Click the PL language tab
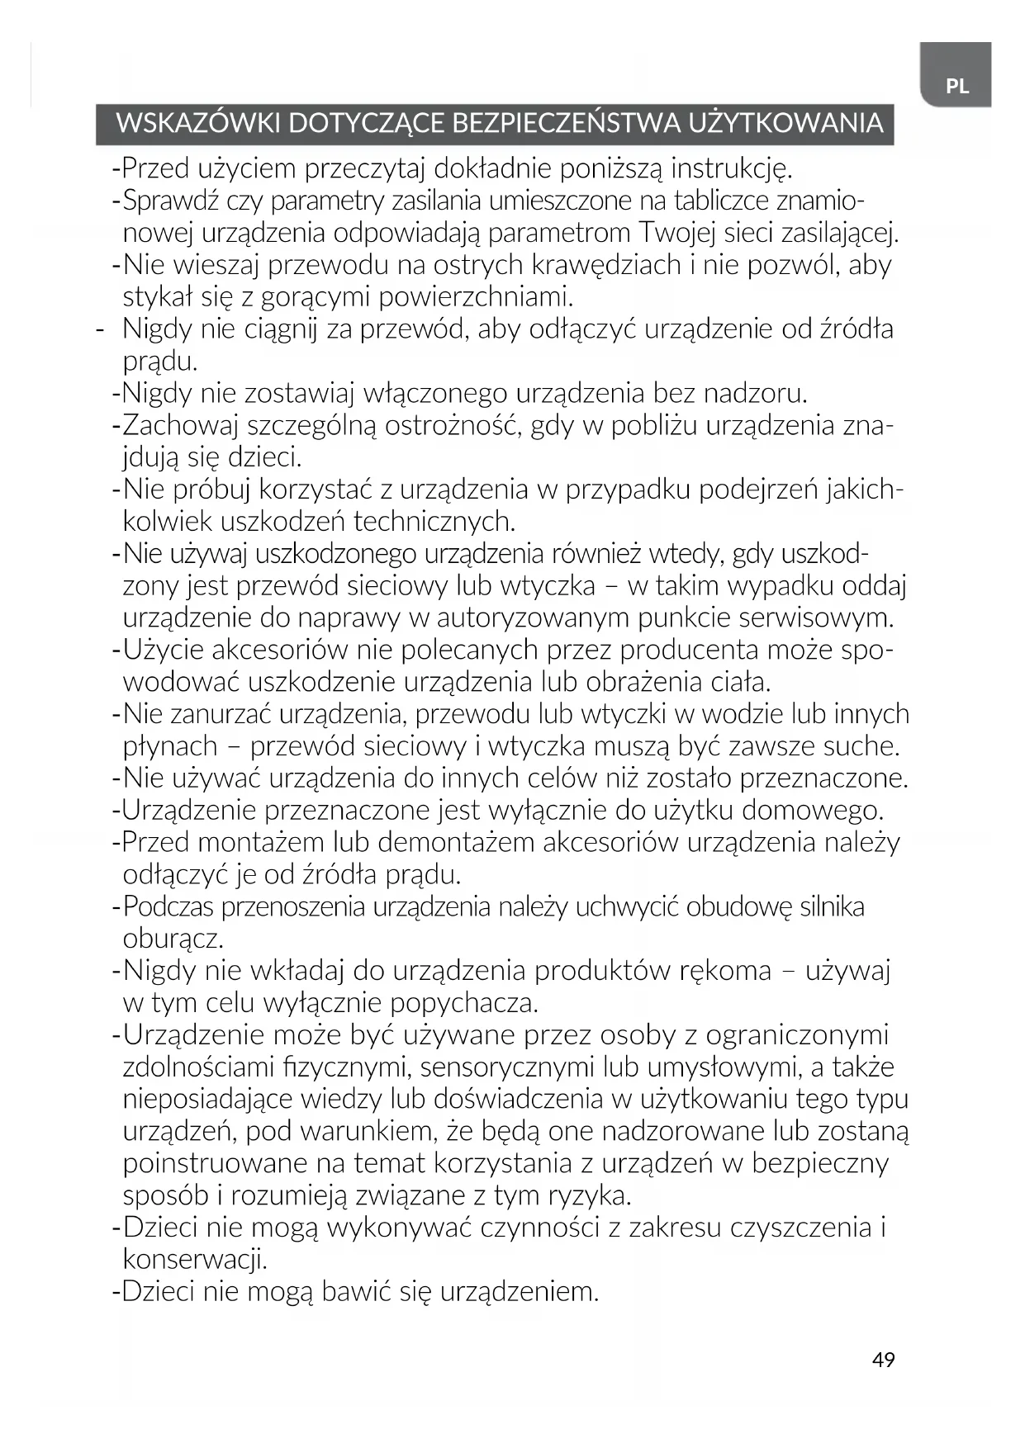956,86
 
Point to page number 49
883,1360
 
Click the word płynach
170,747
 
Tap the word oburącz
173,939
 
